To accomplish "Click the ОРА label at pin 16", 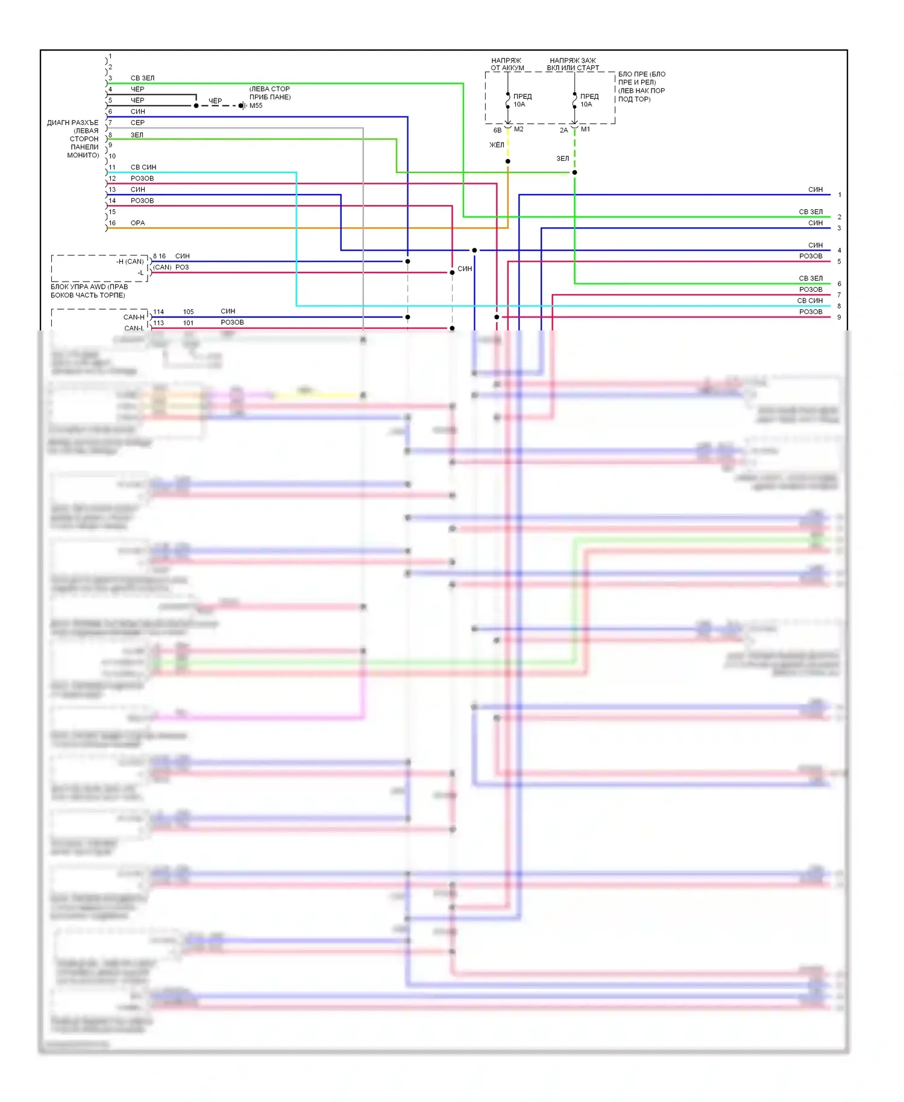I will tap(137, 223).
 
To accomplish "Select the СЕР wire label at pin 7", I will tap(137, 123).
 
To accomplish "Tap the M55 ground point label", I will tap(256, 106).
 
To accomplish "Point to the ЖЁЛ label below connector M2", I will tap(497, 145).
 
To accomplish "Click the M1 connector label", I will tap(585, 130).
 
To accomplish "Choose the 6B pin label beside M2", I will tap(497, 130).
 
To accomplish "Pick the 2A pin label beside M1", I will tap(563, 130).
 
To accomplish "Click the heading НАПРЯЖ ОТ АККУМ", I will tap(507, 65).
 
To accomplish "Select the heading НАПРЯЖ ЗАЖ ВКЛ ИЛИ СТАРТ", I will tap(573, 65).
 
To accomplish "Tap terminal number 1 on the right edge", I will tap(840, 195).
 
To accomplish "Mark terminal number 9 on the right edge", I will tap(839, 318).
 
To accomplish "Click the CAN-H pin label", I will tap(134, 317).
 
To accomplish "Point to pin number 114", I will tap(159, 312).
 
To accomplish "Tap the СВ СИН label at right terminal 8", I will tap(809, 301).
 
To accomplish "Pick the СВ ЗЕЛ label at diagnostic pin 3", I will tap(142, 78).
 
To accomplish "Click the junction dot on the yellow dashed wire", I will tap(508, 162).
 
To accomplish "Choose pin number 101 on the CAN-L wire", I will tap(188, 323).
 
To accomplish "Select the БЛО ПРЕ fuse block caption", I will tap(641, 87).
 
